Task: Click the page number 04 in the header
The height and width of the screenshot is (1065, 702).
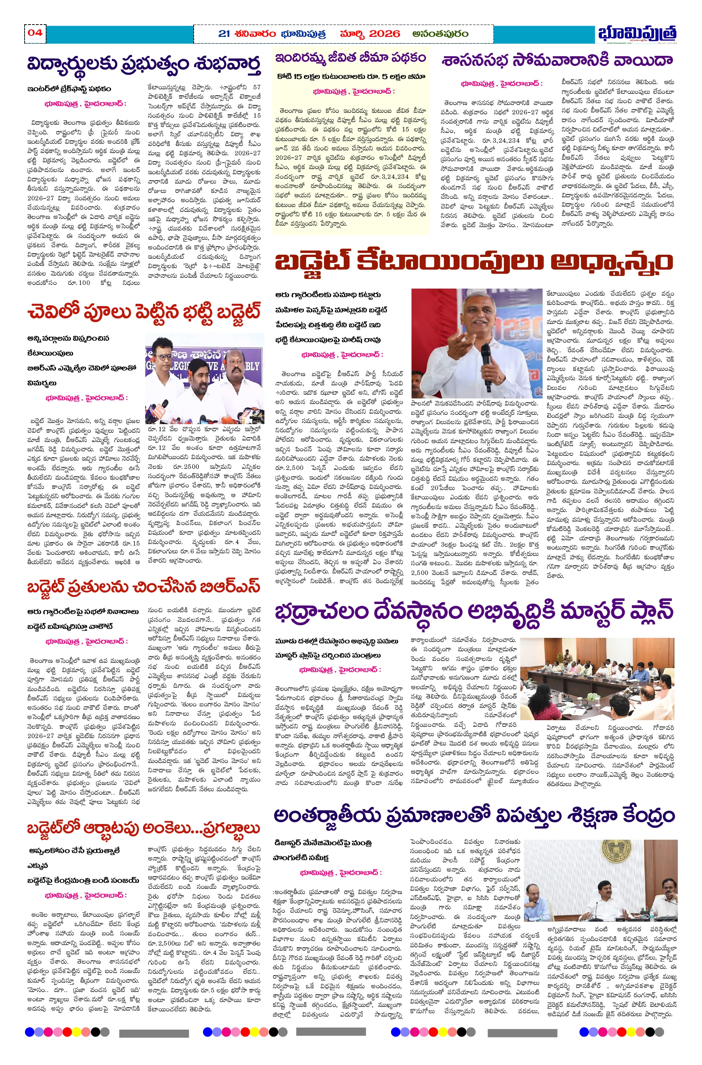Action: click(35, 32)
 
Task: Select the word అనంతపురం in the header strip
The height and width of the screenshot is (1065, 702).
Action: click(441, 34)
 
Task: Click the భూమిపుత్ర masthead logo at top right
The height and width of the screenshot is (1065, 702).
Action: click(637, 34)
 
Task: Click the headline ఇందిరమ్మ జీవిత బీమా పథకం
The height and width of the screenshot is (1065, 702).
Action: click(350, 58)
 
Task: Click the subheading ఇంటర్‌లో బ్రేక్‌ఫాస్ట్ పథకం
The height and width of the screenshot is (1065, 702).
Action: click(69, 89)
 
